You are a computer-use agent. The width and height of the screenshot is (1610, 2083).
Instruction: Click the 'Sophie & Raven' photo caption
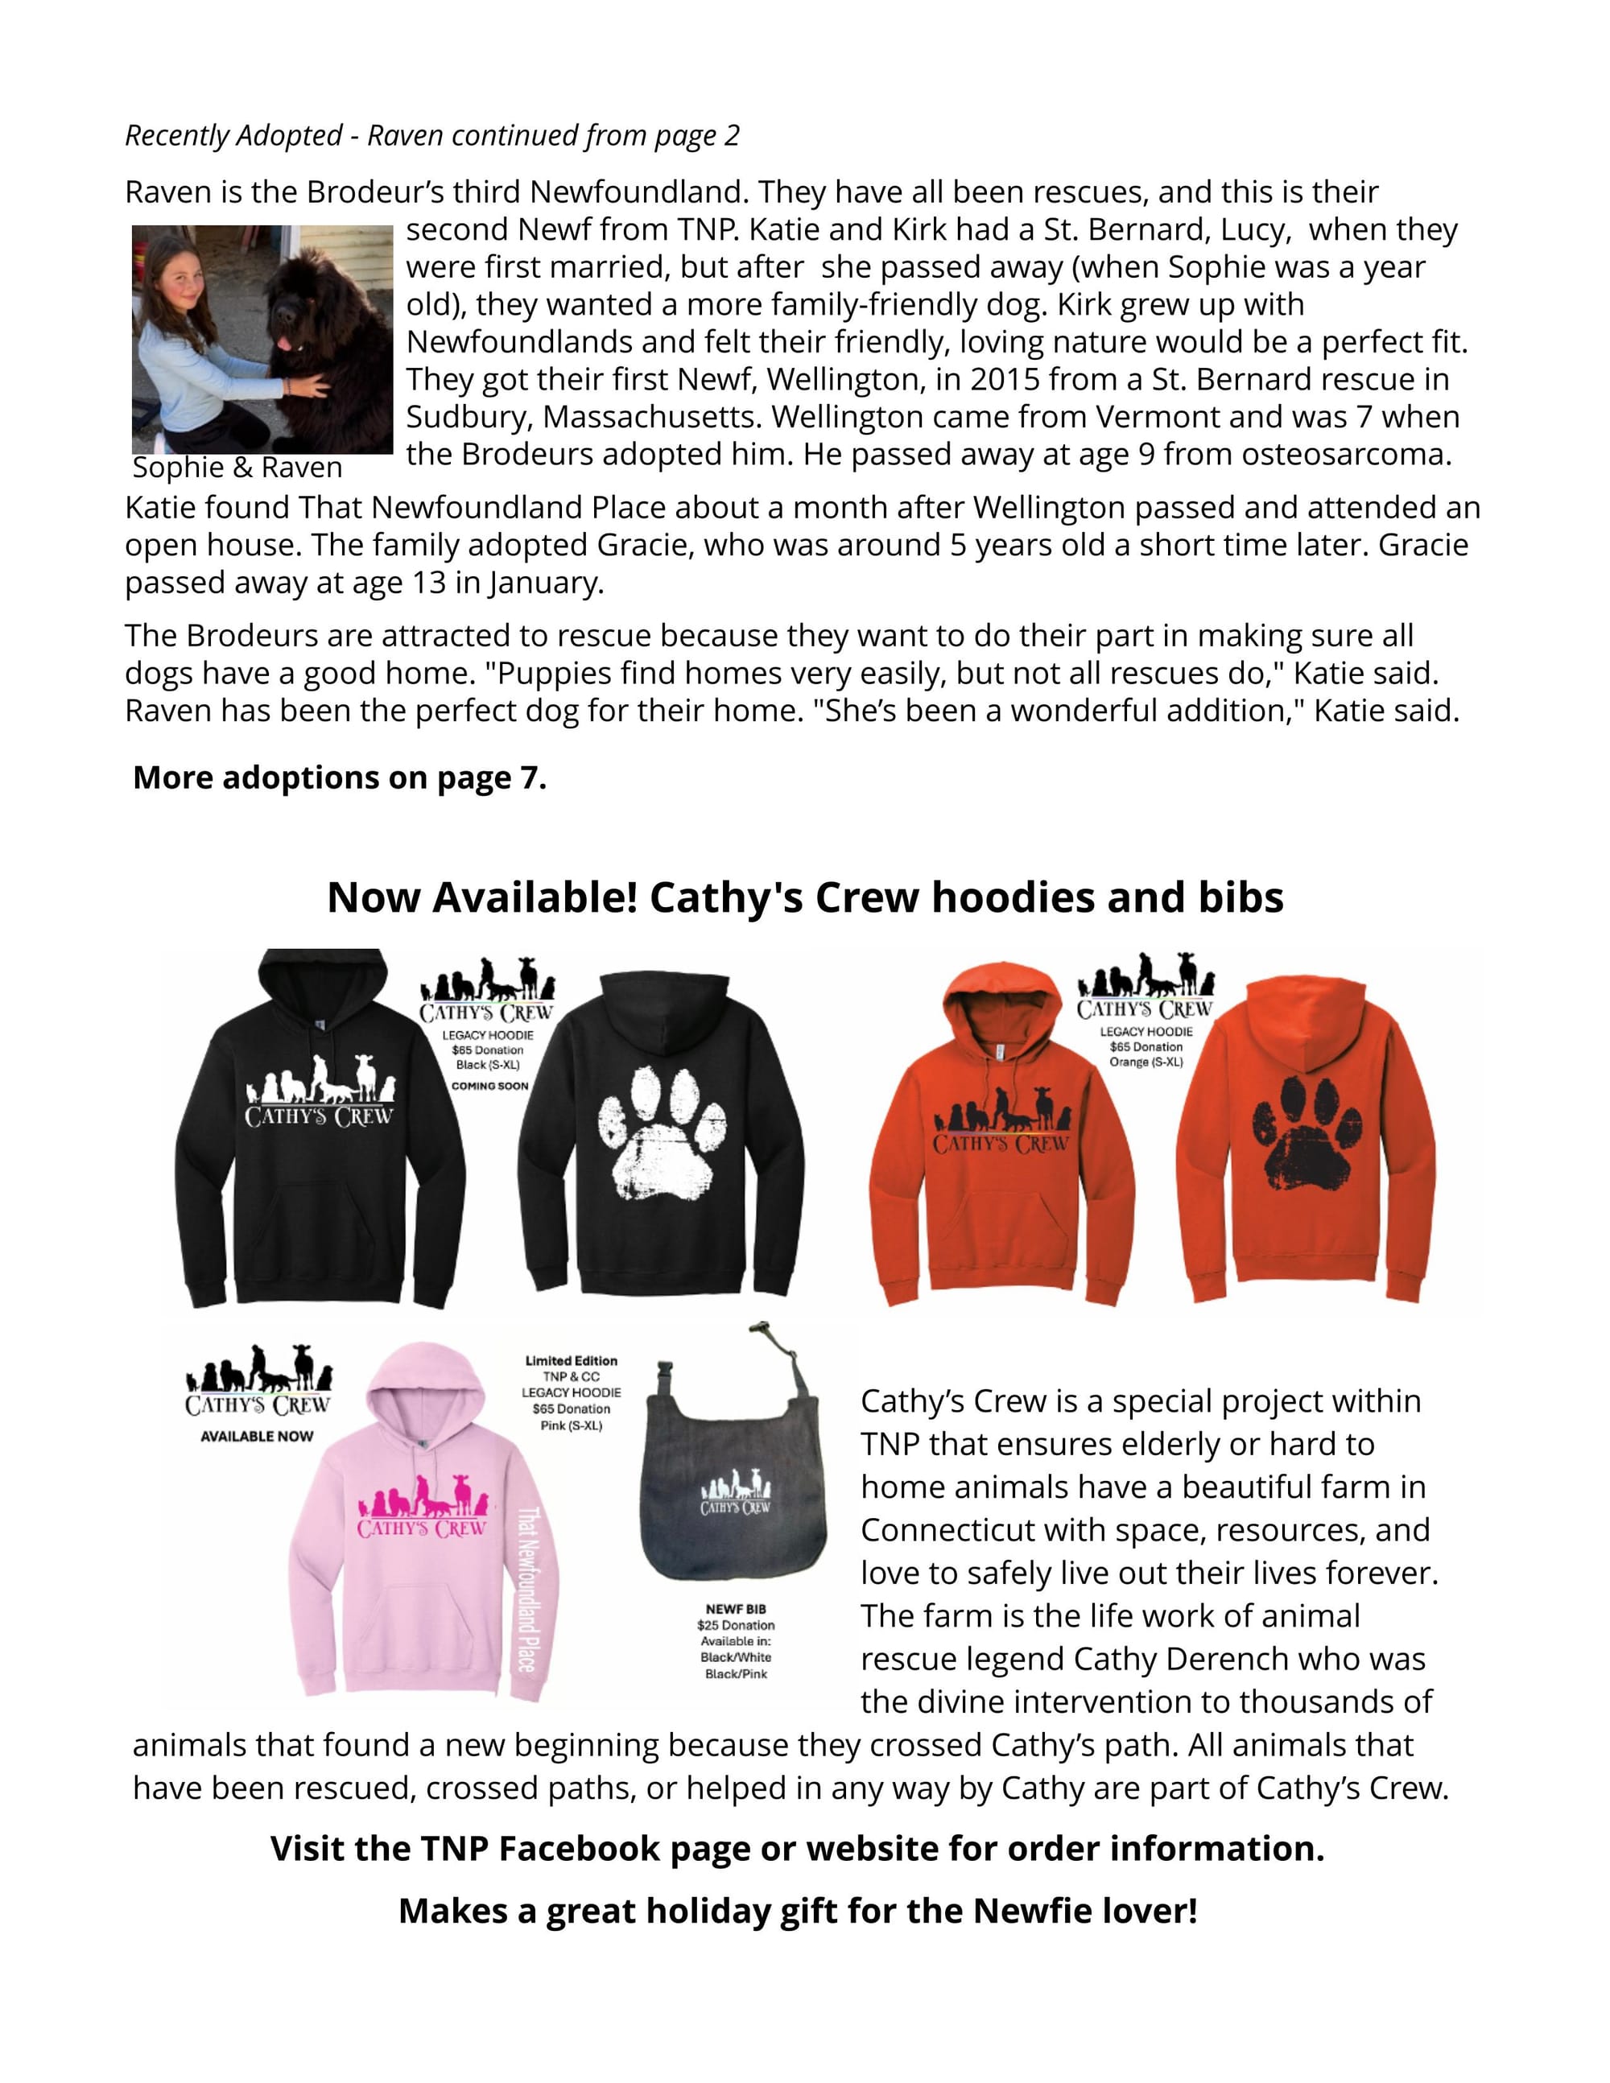[x=237, y=468]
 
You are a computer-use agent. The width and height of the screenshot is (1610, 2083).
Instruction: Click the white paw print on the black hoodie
[x=661, y=1134]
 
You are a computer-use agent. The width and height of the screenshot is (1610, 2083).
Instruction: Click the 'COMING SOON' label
[x=489, y=1086]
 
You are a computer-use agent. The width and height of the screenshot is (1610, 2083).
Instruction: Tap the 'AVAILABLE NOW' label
[x=257, y=1437]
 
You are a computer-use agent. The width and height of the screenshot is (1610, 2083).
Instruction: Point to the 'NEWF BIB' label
[x=736, y=1609]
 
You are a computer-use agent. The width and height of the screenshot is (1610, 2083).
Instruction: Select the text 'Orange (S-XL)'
[x=1146, y=1062]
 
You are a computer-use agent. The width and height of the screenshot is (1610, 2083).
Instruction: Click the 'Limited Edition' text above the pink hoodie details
[x=572, y=1361]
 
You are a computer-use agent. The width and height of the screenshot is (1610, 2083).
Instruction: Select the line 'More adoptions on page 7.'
[x=340, y=778]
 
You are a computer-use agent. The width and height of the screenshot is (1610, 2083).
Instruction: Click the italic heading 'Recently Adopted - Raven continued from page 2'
[x=432, y=135]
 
